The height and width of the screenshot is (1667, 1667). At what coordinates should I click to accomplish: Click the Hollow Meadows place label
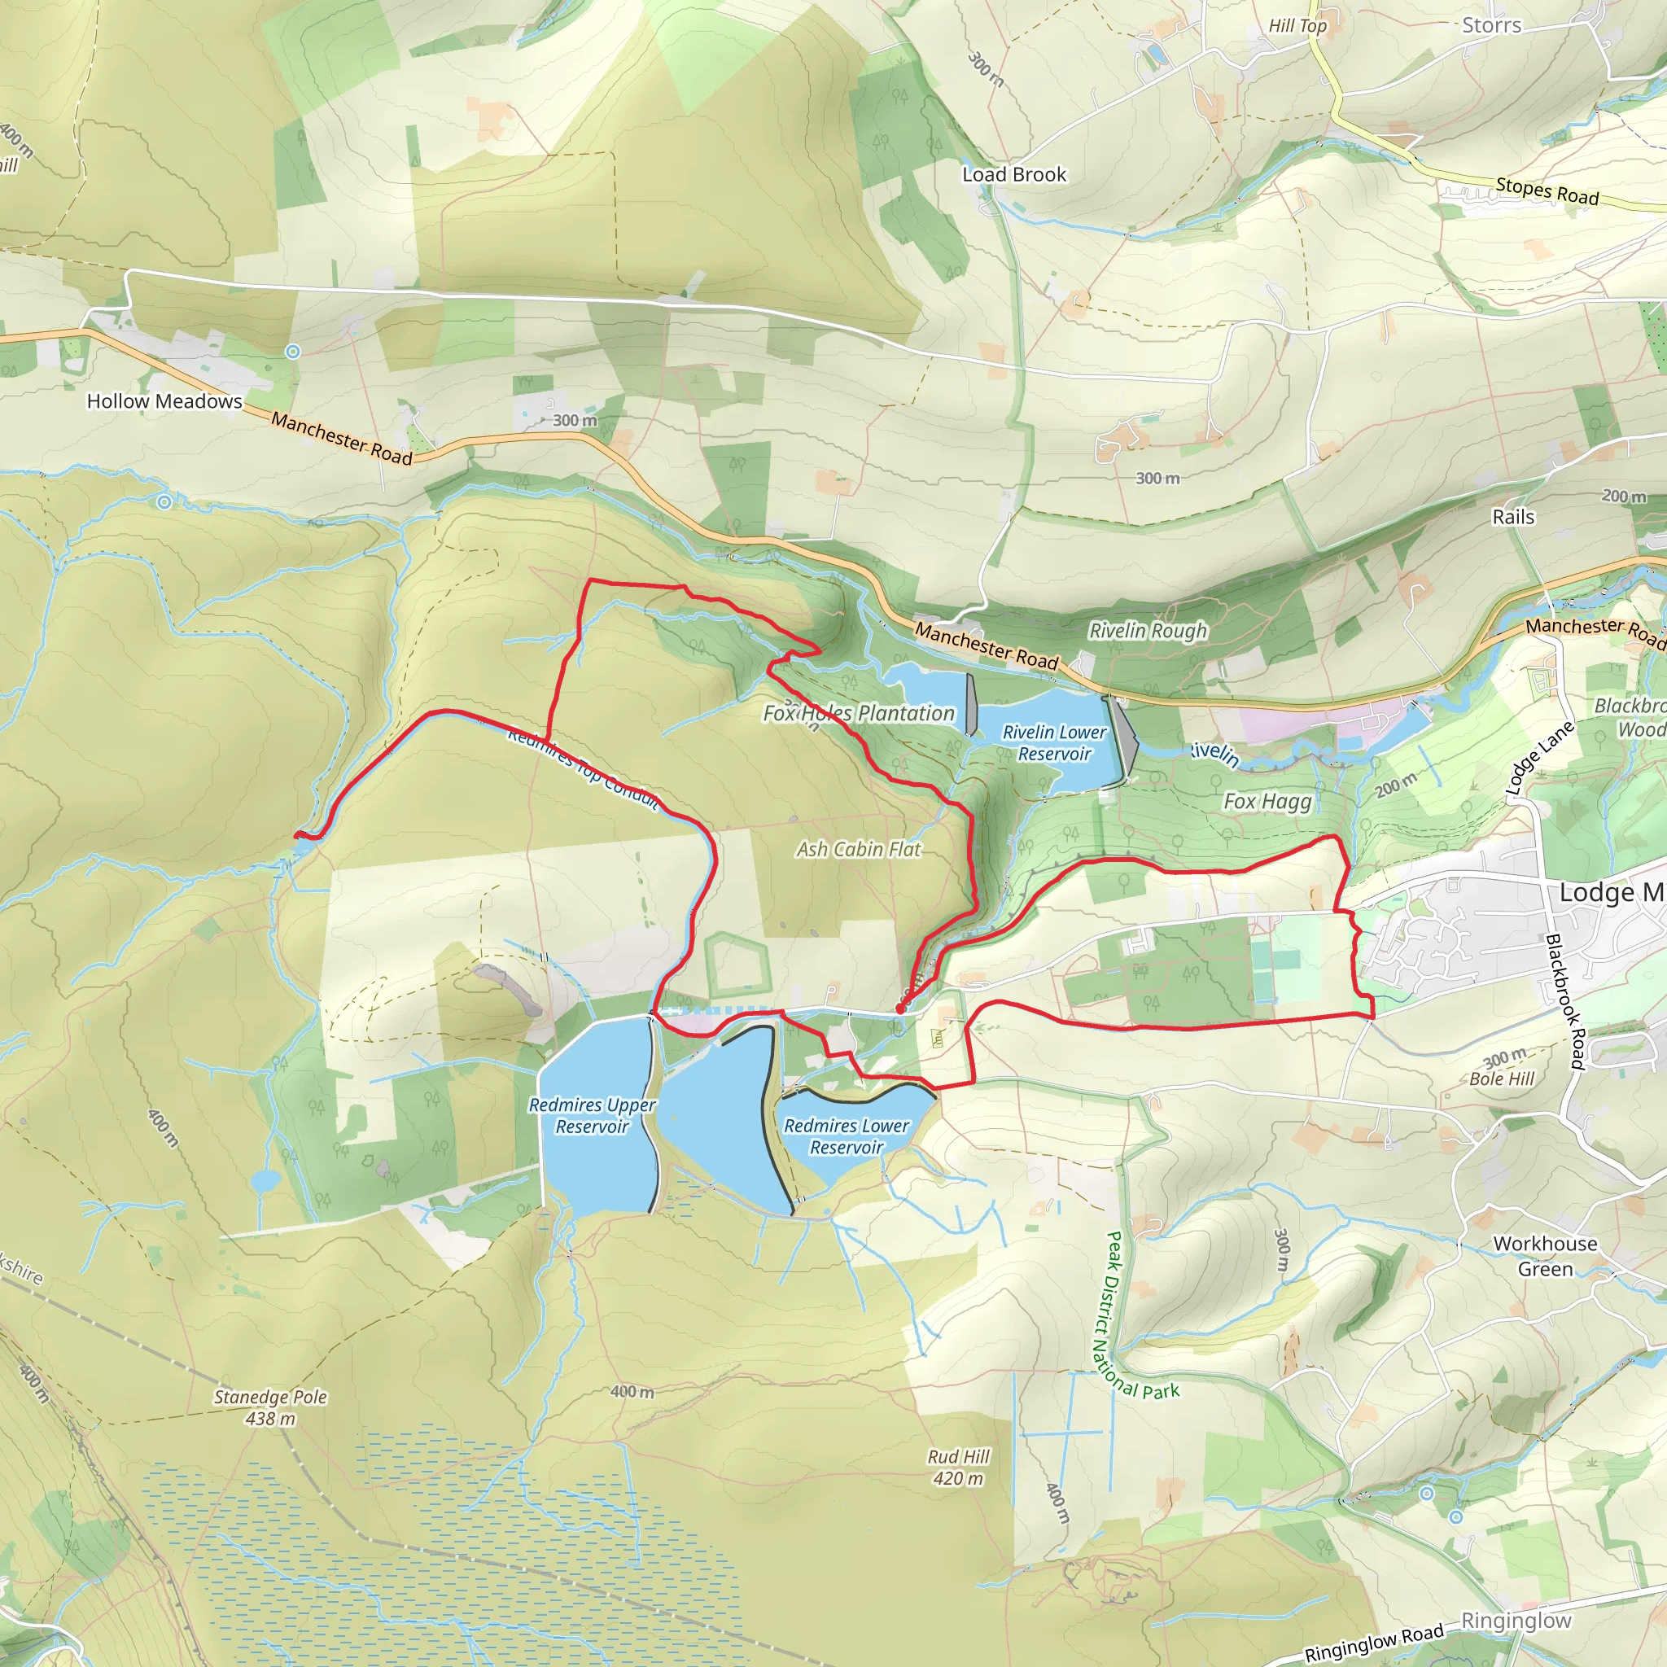[164, 401]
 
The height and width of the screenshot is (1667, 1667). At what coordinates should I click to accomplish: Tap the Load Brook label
[1014, 174]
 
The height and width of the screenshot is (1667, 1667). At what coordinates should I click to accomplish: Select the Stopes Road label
[1547, 190]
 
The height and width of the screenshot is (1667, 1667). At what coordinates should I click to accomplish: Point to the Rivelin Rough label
[1148, 631]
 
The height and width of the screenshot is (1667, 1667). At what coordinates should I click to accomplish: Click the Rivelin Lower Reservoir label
[1053, 743]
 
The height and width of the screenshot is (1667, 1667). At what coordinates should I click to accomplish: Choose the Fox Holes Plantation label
[859, 714]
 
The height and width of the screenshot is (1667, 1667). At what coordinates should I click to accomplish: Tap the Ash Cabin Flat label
[859, 850]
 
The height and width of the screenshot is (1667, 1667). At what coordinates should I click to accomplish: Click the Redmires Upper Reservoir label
[592, 1116]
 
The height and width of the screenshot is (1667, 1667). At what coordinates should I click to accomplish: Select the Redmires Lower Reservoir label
[846, 1136]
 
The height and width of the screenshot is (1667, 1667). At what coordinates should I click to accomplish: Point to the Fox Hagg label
[1267, 802]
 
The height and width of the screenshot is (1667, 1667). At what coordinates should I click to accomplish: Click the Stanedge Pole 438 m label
[270, 1407]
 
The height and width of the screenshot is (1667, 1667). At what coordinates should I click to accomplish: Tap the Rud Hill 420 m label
[958, 1467]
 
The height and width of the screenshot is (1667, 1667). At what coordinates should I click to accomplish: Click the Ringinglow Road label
[1374, 1642]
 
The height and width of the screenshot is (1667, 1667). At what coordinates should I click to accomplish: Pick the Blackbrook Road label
[1565, 1001]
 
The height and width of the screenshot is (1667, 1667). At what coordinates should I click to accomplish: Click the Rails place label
[1513, 517]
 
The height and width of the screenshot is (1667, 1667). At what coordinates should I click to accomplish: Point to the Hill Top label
[1297, 26]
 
